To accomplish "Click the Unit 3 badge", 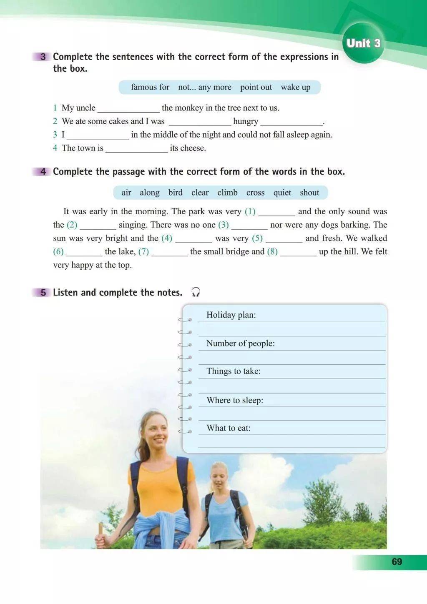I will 363,43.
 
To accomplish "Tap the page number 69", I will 397,561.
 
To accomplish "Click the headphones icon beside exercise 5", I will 196,292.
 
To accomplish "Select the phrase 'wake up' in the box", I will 295,87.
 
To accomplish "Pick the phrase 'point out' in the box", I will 256,87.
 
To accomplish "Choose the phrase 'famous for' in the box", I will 150,87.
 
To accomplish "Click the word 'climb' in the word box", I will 227,193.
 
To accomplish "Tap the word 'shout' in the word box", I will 309,193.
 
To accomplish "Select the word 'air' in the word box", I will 126,193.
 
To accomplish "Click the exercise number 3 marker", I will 43,57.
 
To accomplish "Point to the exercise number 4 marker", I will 43,172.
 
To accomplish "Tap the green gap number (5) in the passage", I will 257,238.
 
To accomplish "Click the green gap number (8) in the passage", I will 272,251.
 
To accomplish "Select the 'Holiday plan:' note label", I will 231,315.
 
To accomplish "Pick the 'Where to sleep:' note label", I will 235,400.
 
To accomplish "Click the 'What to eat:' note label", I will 229,428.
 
